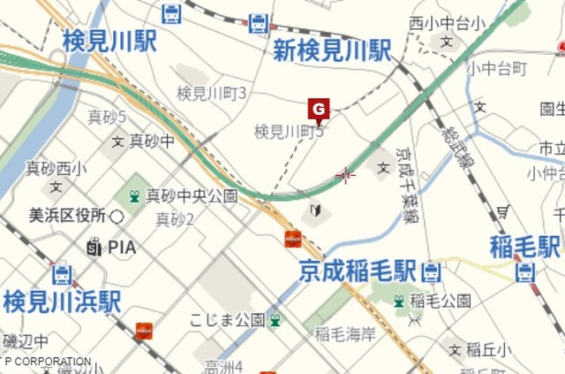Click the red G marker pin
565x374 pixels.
[x=319, y=110]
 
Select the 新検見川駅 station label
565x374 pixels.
[x=331, y=50]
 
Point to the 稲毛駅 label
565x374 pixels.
[x=525, y=246]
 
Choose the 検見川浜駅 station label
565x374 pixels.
[x=61, y=301]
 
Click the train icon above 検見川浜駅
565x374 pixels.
[x=61, y=274]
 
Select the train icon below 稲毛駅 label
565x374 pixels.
[x=525, y=272]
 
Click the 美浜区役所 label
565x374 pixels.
[x=67, y=216]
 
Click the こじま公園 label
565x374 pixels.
[x=227, y=319]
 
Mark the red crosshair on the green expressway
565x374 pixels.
[x=345, y=174]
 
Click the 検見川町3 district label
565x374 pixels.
[x=211, y=93]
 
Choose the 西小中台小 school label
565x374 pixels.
[x=448, y=23]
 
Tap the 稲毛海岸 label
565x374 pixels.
[x=345, y=333]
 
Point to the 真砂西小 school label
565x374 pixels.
[x=56, y=168]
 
